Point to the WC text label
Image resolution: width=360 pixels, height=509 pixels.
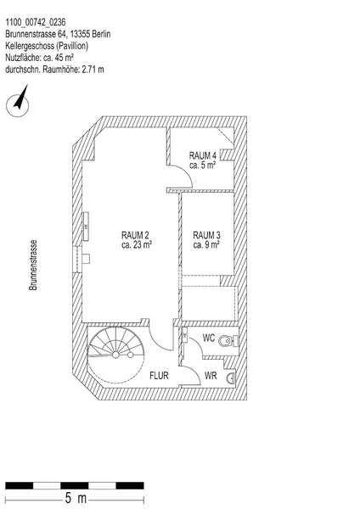tap(209, 338)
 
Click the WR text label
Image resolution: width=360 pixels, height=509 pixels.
tap(211, 376)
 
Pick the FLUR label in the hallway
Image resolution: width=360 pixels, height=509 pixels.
tap(160, 376)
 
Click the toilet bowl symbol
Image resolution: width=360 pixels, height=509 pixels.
tap(227, 341)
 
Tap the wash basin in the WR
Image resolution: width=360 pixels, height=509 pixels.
tap(233, 378)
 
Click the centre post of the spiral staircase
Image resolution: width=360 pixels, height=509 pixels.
tap(115, 355)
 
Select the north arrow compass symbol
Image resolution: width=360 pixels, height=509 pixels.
tap(18, 102)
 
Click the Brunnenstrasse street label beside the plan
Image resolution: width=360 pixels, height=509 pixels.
tap(33, 265)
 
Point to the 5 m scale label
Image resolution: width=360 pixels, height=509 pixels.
tap(76, 498)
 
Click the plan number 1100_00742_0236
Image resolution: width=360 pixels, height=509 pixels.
tap(36, 22)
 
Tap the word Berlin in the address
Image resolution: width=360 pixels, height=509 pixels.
tap(101, 34)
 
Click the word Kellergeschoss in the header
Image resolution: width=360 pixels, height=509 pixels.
tap(30, 46)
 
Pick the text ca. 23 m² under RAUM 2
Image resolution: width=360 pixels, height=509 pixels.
tap(137, 245)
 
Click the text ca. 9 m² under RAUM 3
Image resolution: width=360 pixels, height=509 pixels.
tap(206, 245)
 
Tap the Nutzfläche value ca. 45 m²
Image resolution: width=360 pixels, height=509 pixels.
tap(58, 58)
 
